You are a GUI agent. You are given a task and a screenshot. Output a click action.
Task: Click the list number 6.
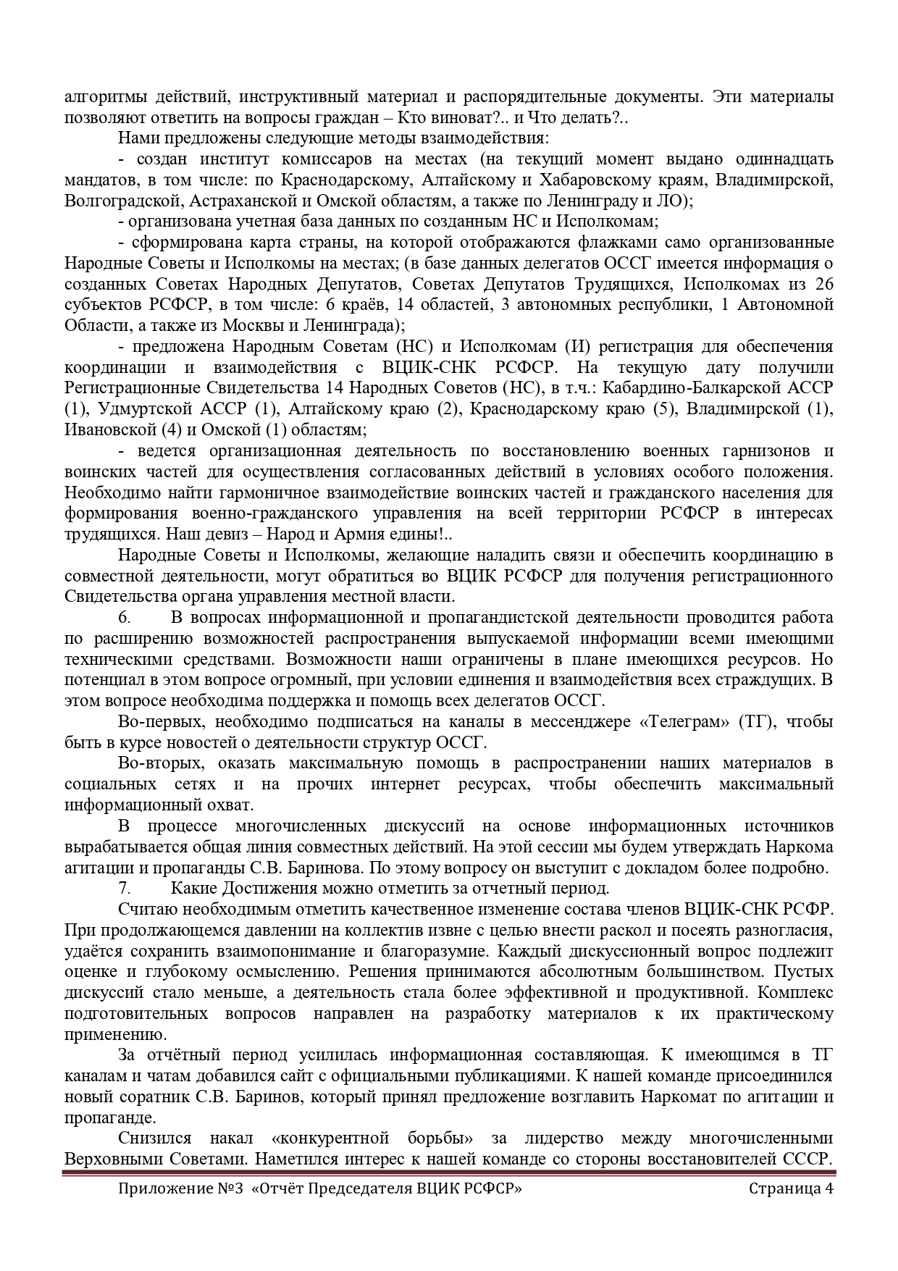124,618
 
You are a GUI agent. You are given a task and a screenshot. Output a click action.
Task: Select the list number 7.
124,889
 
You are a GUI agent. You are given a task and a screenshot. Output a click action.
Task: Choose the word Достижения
253,889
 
